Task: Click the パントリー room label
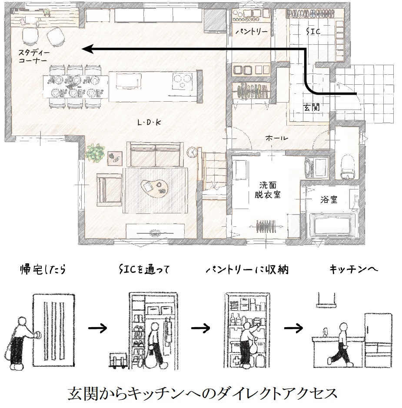(x=252, y=32)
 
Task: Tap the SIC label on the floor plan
(x=313, y=31)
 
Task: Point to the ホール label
(x=276, y=138)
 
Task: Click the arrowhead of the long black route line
(x=87, y=49)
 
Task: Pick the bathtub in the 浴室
(x=332, y=225)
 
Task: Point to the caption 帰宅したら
(x=43, y=269)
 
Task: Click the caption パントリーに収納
(x=246, y=270)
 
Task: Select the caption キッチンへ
(x=353, y=269)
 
